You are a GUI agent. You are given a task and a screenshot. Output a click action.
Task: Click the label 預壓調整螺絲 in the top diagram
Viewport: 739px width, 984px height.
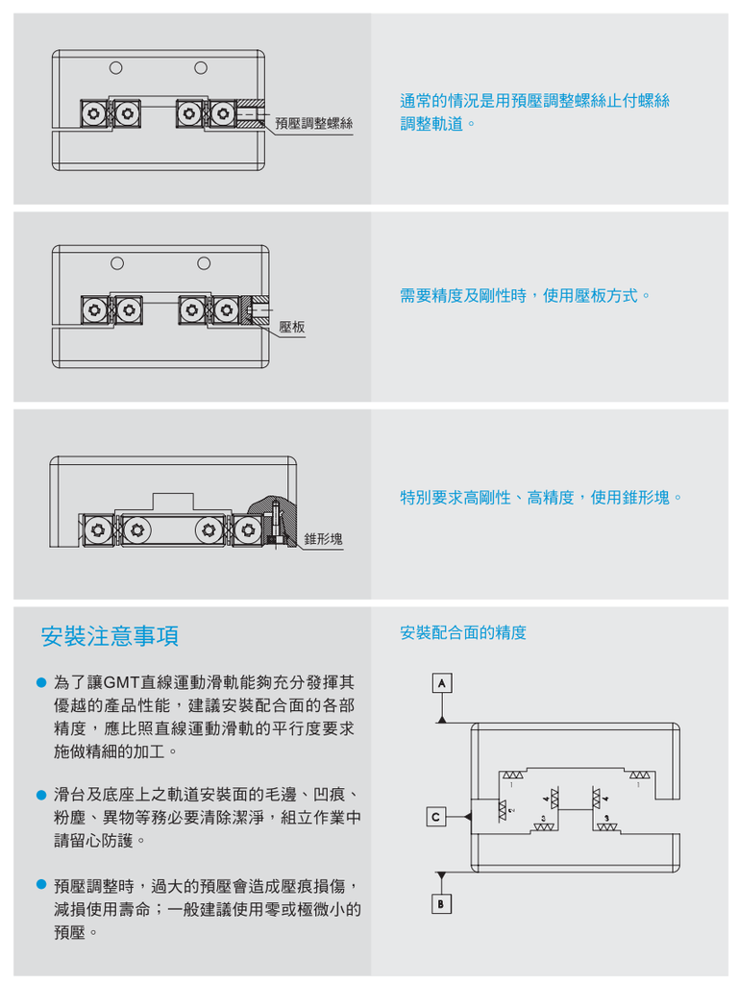313,123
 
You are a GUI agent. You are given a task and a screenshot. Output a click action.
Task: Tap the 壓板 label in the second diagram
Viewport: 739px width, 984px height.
292,328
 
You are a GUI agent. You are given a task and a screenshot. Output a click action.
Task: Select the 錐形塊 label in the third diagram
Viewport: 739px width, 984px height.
323,539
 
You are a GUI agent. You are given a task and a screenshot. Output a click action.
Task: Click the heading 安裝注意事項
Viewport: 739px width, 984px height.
110,636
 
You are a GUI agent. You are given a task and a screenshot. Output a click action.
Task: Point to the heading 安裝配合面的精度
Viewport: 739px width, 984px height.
462,632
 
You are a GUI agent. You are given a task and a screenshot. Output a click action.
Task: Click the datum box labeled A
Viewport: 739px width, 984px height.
441,682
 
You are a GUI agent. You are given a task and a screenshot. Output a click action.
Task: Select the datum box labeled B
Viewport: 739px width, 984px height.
441,905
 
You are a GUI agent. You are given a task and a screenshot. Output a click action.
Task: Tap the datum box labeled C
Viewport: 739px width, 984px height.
435,817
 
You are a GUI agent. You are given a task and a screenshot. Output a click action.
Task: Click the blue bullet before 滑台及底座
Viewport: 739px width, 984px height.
41,796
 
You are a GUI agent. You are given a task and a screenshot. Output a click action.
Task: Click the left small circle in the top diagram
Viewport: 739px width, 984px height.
115,67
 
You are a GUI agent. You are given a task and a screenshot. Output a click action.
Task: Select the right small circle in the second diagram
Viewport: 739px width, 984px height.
204,263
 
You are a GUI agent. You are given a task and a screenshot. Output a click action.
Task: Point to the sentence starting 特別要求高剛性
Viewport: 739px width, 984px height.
542,498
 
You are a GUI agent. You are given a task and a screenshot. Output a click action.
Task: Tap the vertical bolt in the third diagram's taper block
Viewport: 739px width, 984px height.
276,524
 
